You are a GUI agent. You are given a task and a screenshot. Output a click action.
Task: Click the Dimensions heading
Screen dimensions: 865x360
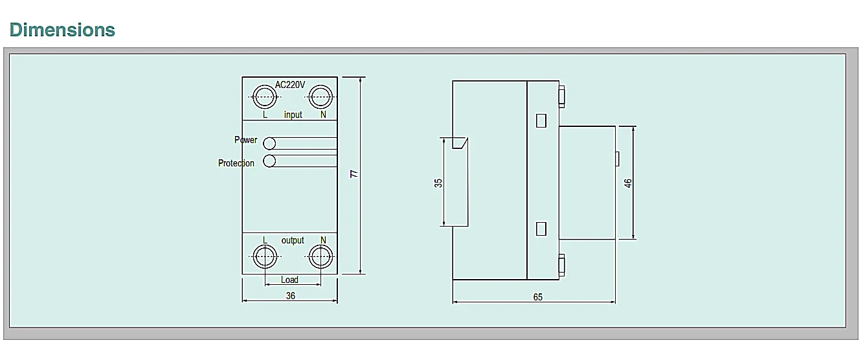(62, 30)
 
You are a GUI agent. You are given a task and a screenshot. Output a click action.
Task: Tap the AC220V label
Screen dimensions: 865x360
(290, 84)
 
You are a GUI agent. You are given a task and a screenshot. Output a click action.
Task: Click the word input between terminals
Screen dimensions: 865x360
(293, 115)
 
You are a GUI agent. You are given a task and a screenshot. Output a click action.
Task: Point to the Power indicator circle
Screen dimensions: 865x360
(269, 143)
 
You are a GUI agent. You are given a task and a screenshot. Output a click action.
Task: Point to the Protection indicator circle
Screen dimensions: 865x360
(269, 161)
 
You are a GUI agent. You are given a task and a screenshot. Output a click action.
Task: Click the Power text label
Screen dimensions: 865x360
(245, 140)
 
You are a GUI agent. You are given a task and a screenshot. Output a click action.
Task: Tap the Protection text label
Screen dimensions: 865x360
(236, 163)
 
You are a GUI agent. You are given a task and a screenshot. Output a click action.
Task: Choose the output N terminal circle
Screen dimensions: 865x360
(320, 257)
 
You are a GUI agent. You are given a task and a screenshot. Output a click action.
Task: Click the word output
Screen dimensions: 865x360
(293, 240)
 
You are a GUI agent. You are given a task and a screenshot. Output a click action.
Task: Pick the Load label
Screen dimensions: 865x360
(289, 280)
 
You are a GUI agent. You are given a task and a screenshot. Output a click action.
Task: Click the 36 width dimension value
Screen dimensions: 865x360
(290, 295)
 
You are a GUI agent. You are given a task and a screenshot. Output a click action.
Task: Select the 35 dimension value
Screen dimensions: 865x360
(438, 183)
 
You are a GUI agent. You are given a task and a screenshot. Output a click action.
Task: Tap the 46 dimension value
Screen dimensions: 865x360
(627, 183)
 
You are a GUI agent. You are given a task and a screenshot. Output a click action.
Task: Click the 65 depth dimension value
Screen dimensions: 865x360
(538, 297)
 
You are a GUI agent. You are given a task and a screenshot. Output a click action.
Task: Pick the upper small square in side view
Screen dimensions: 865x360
(542, 120)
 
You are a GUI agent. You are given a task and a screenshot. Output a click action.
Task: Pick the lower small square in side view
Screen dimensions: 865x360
(542, 228)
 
